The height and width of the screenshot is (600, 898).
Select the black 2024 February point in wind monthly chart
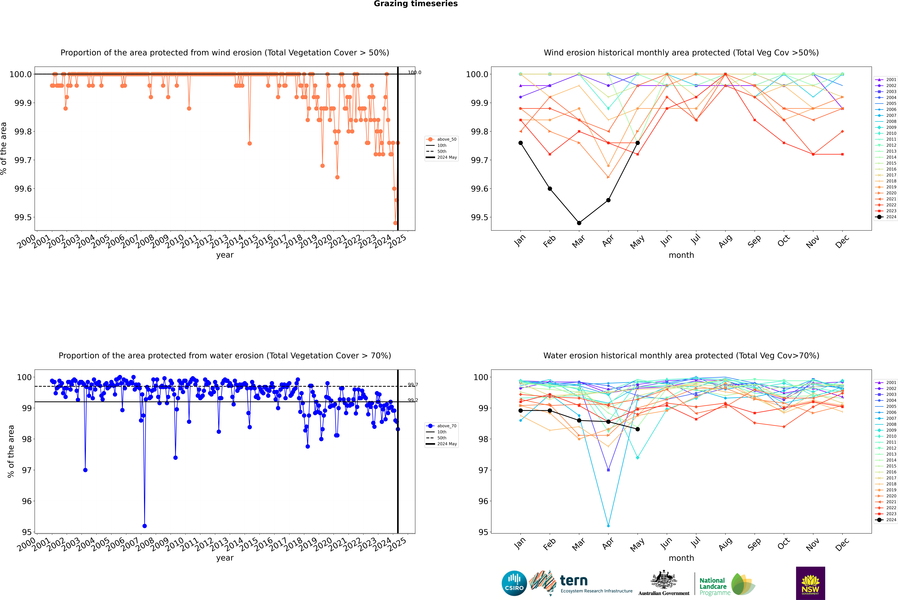550,189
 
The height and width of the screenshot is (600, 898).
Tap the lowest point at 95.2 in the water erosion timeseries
144,526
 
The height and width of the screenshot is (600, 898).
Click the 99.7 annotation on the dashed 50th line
413,385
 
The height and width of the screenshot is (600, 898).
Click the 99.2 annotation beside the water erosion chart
413,400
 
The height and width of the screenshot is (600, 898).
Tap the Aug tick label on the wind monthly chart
725,241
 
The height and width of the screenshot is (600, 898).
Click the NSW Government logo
810,583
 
